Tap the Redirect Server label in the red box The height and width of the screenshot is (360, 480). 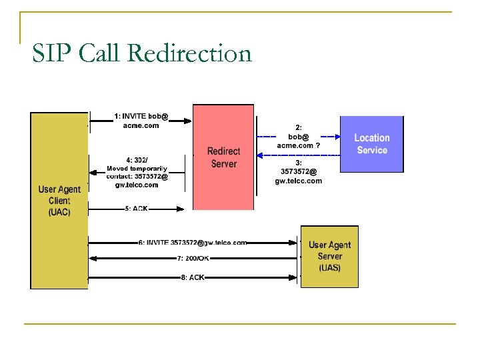pyautogui.click(x=223, y=158)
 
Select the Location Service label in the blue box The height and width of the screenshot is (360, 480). pyautogui.click(x=372, y=144)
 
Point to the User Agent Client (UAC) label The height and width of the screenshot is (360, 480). pyautogui.click(x=59, y=201)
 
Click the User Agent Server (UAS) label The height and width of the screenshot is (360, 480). pyautogui.click(x=329, y=257)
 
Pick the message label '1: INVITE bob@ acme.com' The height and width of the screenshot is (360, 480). pyautogui.click(x=141, y=121)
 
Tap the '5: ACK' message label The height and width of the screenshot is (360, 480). pyautogui.click(x=136, y=209)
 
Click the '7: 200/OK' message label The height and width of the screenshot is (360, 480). pyautogui.click(x=193, y=259)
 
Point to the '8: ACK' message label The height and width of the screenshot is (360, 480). pyautogui.click(x=193, y=277)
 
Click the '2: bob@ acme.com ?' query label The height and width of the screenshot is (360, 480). pyautogui.click(x=299, y=136)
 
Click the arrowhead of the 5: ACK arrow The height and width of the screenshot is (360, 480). pyautogui.click(x=181, y=209)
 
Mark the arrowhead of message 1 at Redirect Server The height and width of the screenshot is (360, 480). pyautogui.click(x=189, y=121)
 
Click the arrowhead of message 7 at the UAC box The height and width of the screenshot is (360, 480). pyautogui.click(x=92, y=259)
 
